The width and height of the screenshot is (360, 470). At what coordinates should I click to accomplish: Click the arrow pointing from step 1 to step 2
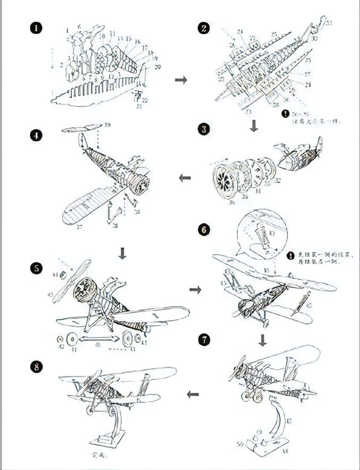181,79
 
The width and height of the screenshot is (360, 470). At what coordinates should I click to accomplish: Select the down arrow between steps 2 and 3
254,126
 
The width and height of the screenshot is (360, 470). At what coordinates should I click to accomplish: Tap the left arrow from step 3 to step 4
185,177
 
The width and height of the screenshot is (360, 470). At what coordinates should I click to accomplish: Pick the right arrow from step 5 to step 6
195,289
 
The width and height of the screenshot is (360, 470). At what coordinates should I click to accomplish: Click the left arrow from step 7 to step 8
193,394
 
